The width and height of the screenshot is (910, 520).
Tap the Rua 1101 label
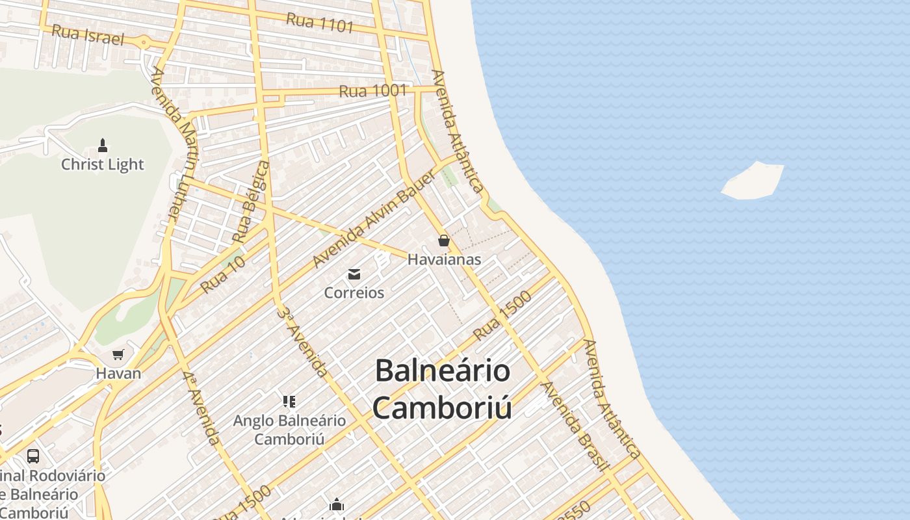point(320,23)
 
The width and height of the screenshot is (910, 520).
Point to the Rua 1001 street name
point(373,91)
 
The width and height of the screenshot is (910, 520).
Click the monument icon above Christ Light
point(102,145)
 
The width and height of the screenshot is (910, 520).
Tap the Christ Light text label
point(102,164)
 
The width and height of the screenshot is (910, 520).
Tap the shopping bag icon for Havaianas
point(444,241)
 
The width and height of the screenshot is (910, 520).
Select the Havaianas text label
point(444,259)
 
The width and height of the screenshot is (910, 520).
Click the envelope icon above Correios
point(354,274)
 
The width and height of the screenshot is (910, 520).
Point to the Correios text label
point(354,292)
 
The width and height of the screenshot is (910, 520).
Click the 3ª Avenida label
point(302,341)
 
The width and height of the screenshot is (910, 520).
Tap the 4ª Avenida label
point(201,408)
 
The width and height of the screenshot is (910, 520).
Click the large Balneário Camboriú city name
point(442,389)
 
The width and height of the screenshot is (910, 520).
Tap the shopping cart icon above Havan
point(118,355)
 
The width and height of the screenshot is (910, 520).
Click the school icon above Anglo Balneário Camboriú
point(289,402)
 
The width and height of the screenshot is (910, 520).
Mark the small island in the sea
point(753,181)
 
